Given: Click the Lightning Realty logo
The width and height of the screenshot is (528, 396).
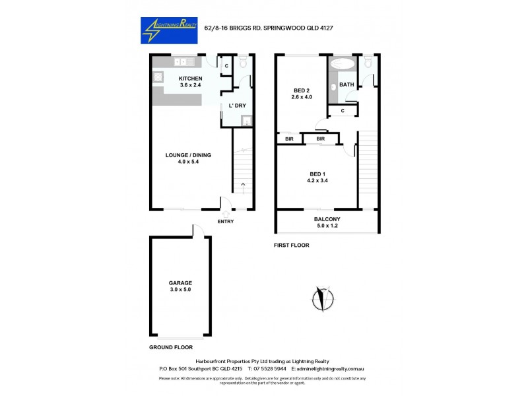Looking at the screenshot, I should (168, 30).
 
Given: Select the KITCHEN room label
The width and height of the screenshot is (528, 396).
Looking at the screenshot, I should (191, 79).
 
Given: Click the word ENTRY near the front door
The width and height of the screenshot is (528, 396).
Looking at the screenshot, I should (226, 221).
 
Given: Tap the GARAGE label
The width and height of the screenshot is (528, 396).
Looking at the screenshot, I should (180, 283).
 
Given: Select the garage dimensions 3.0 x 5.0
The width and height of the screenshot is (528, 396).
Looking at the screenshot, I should (180, 290).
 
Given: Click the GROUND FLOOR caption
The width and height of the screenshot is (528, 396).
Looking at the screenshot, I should (170, 346).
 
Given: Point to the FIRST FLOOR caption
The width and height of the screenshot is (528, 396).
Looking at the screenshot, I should (292, 245).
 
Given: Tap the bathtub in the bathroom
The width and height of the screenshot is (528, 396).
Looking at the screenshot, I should (342, 65).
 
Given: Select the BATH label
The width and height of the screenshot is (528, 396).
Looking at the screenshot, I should (347, 85).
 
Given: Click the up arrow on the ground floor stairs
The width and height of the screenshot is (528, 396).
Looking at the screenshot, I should (243, 184).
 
